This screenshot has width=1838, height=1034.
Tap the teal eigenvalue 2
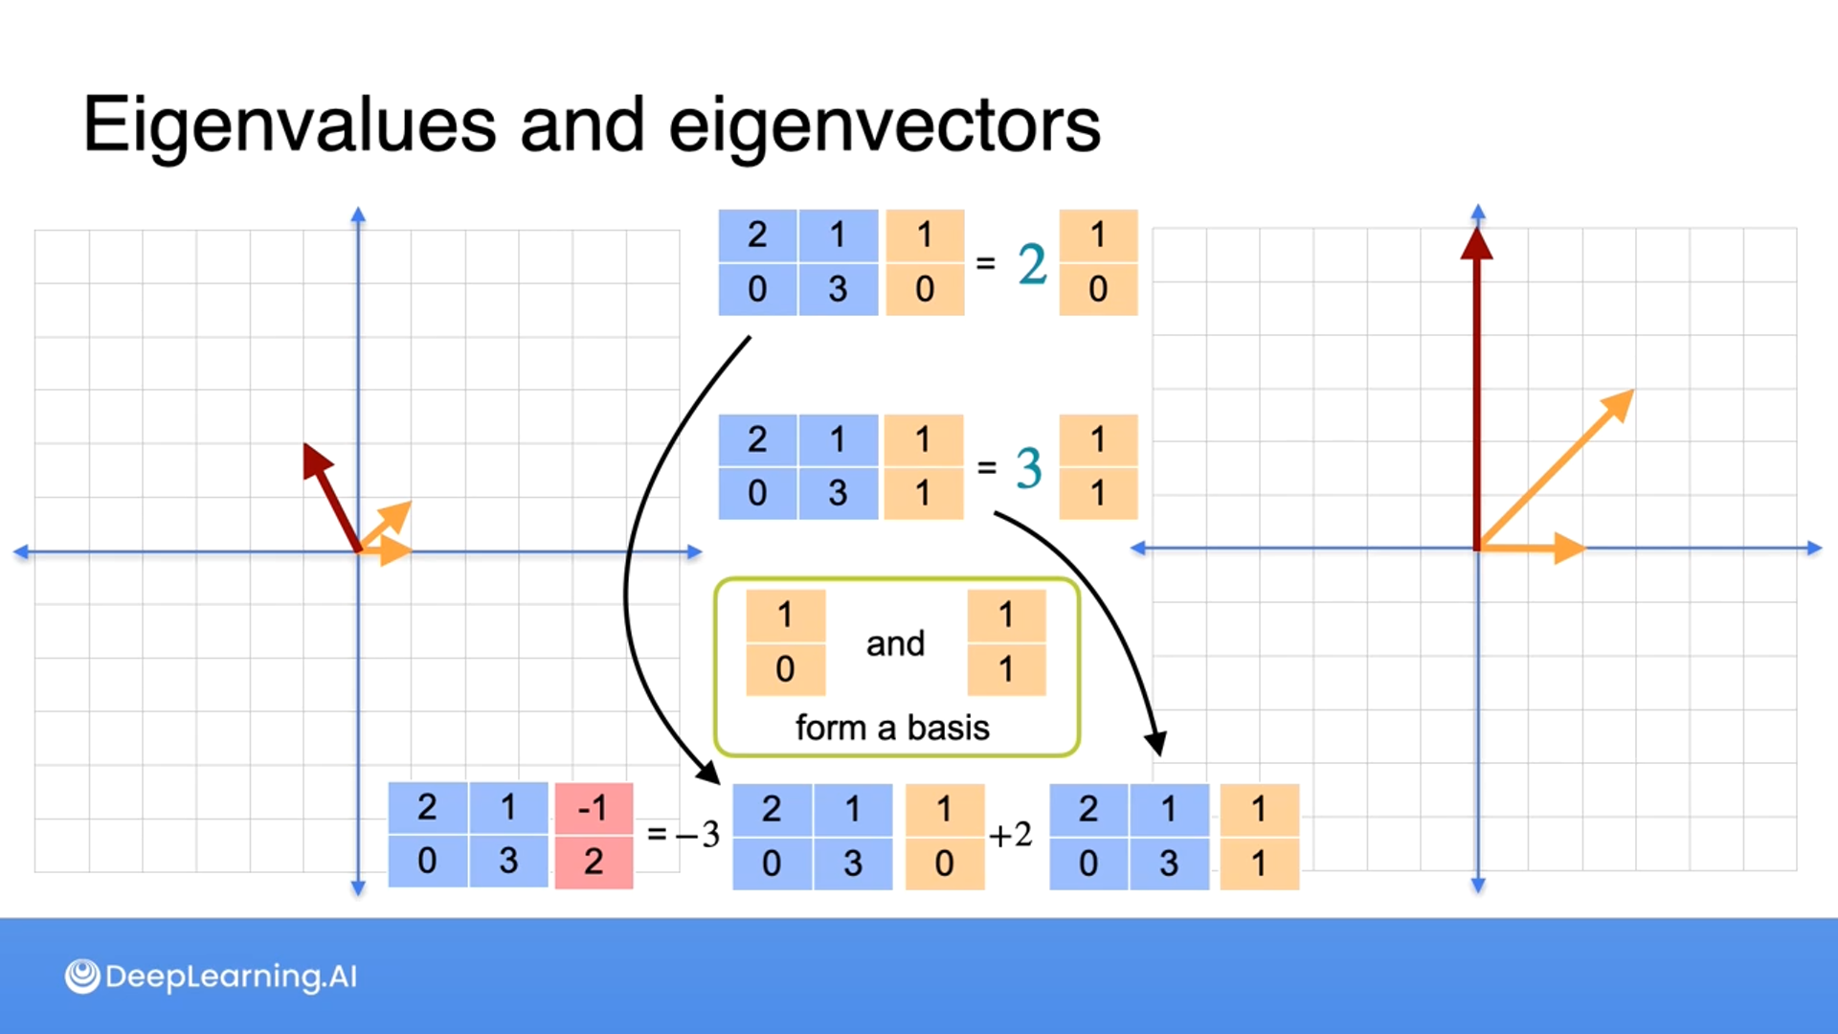(1032, 264)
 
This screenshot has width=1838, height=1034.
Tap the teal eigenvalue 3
(1028, 468)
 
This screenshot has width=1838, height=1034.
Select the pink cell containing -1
(594, 809)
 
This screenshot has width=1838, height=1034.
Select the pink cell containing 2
(594, 862)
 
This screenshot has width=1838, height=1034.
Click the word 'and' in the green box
(895, 643)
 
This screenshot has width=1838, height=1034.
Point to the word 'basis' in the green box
(948, 728)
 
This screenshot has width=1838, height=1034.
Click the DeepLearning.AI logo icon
(82, 976)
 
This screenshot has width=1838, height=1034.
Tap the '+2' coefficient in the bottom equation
(1010, 836)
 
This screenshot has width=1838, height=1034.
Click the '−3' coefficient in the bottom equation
(698, 835)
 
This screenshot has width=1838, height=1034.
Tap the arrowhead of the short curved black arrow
(1155, 742)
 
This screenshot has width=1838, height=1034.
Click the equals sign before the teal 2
(985, 263)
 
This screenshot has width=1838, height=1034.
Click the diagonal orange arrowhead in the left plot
(398, 514)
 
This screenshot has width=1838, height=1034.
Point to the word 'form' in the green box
(830, 728)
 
